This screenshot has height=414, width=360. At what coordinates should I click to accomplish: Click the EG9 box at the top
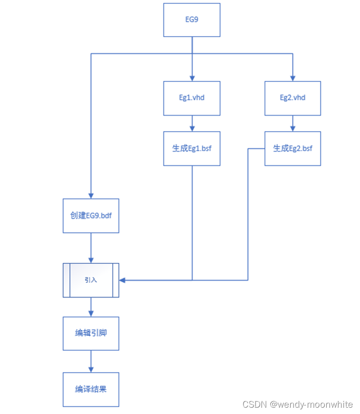(192, 20)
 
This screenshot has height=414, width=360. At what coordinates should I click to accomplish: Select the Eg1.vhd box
(192, 98)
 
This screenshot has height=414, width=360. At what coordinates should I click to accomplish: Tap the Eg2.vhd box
(293, 98)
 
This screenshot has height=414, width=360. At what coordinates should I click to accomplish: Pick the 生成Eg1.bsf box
(192, 149)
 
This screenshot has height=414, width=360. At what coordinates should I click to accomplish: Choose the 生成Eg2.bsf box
(293, 149)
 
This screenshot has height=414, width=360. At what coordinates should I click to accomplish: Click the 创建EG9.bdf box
(91, 216)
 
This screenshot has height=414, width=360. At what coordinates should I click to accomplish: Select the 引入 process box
(91, 280)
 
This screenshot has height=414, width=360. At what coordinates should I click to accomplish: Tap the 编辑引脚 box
(91, 333)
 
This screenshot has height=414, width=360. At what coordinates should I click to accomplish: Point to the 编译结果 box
(91, 390)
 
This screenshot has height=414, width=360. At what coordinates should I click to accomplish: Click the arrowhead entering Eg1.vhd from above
(192, 78)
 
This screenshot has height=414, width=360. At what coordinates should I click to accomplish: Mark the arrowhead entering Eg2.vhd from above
(293, 78)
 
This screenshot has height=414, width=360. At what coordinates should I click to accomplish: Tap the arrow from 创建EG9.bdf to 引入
(91, 248)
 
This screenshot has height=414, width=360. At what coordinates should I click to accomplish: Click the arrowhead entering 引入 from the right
(122, 280)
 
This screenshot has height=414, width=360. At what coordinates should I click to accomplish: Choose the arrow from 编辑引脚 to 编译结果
(91, 361)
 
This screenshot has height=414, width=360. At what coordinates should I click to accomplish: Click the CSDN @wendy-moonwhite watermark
(298, 405)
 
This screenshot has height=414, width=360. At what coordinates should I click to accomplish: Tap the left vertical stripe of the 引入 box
(66, 280)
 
